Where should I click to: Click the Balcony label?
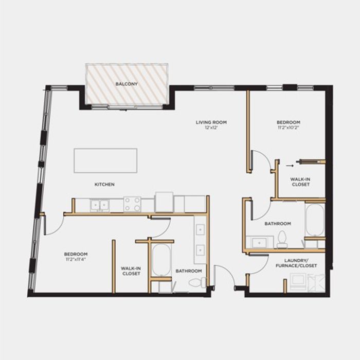tap(127, 84)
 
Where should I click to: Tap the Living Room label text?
tap(211, 122)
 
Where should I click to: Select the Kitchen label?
tap(104, 184)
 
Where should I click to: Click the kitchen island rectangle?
tap(105, 160)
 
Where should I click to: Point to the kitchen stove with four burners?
tap(132, 204)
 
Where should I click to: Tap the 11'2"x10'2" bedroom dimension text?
tap(289, 128)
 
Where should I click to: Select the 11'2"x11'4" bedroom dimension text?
tap(76, 259)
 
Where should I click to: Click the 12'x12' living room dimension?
tap(211, 128)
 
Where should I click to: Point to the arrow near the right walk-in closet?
tap(290, 165)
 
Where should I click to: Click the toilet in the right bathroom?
tap(282, 239)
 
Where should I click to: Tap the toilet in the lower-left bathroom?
tap(197, 282)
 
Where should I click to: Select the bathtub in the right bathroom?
tap(315, 220)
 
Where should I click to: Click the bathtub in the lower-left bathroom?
tap(161, 260)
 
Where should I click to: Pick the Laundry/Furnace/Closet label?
tap(296, 263)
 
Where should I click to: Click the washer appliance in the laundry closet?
tap(298, 282)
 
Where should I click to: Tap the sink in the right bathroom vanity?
tap(259, 242)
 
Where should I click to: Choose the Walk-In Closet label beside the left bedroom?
tap(131, 271)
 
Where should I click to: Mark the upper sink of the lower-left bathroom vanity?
tap(200, 229)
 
